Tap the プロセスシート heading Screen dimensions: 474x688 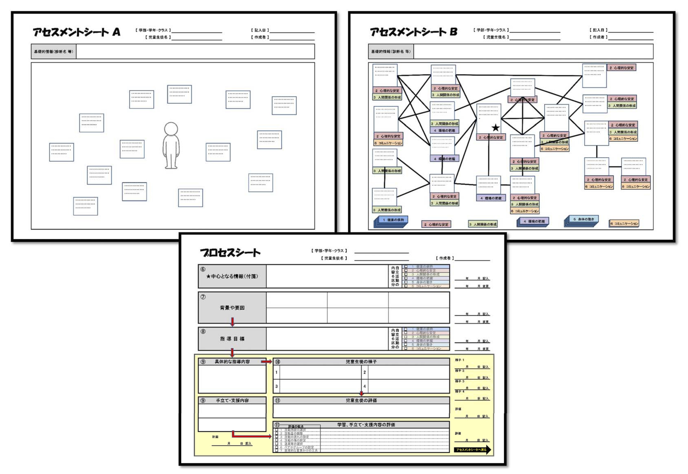click(x=230, y=253)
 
